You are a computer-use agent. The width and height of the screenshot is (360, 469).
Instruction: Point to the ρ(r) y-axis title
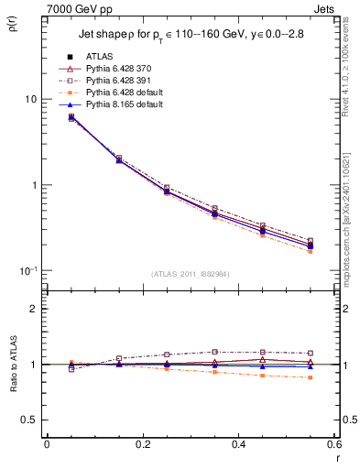[x=14, y=27]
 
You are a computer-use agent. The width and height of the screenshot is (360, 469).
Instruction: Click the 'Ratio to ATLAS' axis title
[x=12, y=365]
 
